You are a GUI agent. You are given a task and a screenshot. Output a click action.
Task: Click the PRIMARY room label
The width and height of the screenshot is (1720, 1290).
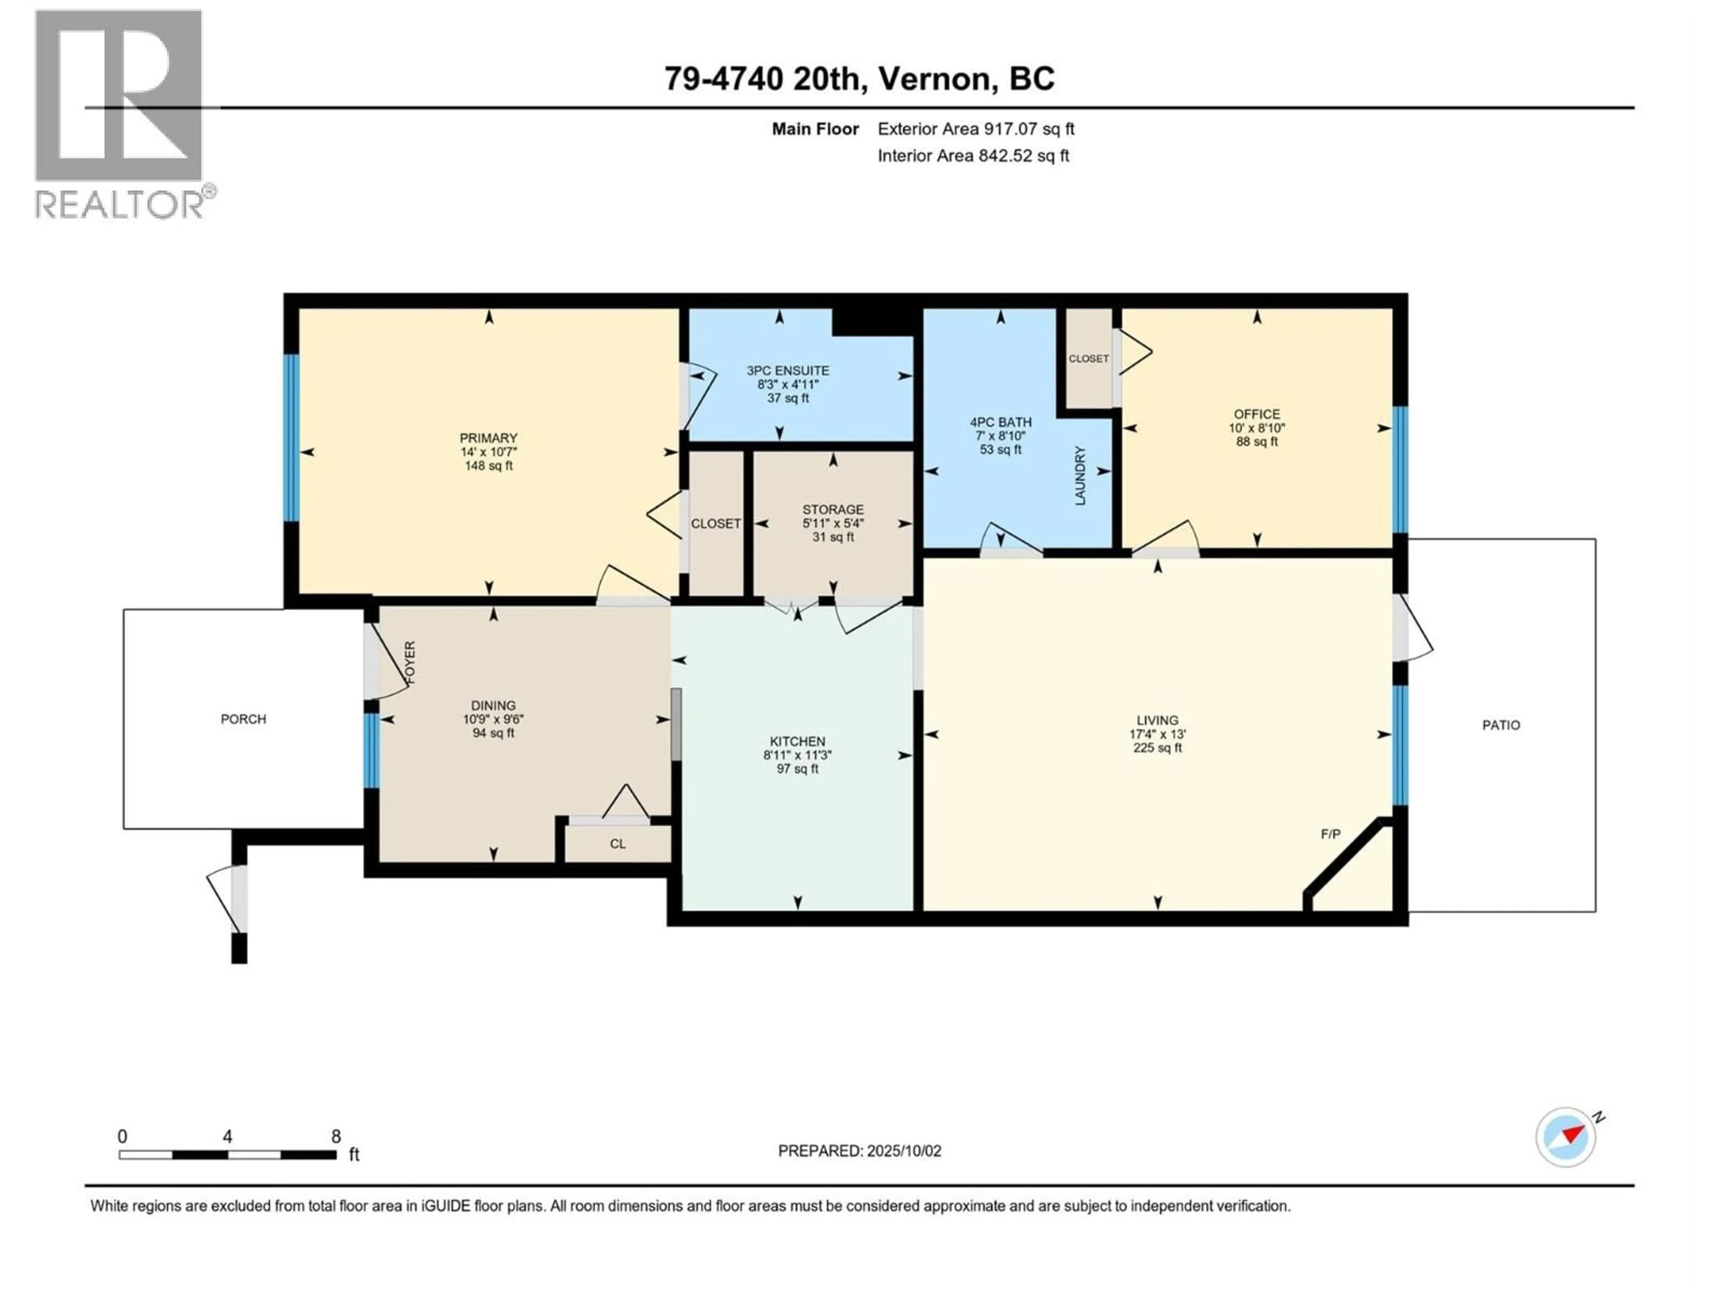coord(488,438)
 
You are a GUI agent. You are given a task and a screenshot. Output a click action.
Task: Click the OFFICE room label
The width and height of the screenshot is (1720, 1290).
coord(1256,414)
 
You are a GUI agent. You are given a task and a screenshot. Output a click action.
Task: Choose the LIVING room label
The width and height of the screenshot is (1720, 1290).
coord(1157,720)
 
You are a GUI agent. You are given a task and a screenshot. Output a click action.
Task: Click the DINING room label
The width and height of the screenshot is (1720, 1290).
coord(493,706)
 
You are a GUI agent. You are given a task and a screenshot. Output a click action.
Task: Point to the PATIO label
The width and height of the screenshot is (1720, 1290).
coord(1501,725)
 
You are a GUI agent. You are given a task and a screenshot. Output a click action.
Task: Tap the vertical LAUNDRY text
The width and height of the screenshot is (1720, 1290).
coord(1080,476)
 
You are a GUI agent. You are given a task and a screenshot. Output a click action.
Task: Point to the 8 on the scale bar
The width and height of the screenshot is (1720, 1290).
coord(336,1136)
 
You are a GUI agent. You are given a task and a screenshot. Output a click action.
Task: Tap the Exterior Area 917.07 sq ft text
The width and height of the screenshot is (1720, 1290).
coord(976,129)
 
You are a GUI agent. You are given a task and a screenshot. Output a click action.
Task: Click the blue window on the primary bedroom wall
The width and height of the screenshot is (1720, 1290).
coord(291,438)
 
